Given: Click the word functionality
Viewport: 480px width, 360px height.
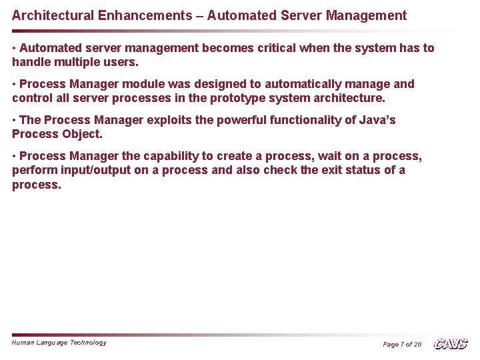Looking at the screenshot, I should pos(309,120).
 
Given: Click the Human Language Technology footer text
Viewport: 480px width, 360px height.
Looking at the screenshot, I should pos(59,343).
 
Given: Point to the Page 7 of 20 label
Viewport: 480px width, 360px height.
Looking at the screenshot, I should pos(402,344).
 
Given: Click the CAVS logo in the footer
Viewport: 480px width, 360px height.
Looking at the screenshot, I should pos(451,344).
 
